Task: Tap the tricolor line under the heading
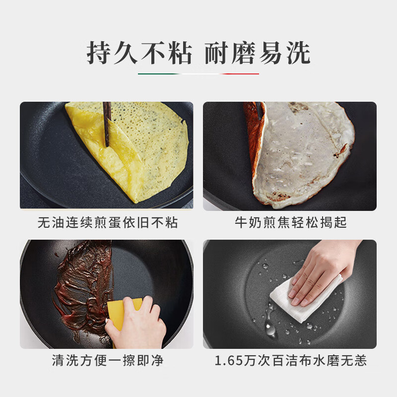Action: [x=198, y=74]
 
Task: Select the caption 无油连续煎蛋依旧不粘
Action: [x=108, y=223]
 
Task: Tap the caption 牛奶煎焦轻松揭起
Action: [x=291, y=223]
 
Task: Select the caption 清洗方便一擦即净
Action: [x=108, y=361]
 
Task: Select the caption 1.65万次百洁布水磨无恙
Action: [x=291, y=361]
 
